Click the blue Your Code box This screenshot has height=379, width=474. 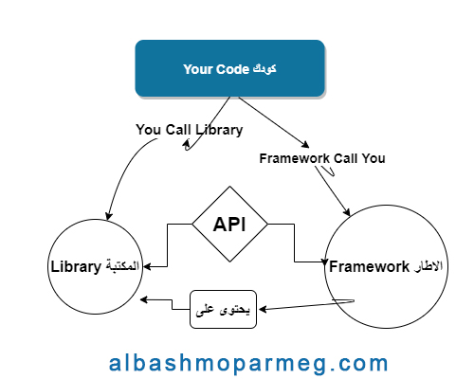(x=230, y=68)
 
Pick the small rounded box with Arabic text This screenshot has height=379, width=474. (x=223, y=309)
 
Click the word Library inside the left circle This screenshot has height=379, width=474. (x=76, y=267)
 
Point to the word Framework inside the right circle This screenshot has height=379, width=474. (x=369, y=266)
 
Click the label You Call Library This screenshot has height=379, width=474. (x=190, y=130)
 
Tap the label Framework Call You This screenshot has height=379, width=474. (x=322, y=158)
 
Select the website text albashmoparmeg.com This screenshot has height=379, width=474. (x=248, y=363)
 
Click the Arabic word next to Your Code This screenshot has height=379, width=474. (x=264, y=69)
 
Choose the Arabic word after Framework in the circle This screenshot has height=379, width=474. (x=427, y=266)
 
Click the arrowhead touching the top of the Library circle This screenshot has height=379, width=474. (x=109, y=215)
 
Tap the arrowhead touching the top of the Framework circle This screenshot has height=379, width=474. (x=347, y=212)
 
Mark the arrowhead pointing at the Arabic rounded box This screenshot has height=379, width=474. (x=263, y=309)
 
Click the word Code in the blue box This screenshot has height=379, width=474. (x=233, y=69)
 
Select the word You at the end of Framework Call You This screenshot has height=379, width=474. (x=374, y=158)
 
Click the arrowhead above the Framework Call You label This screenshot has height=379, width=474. (x=305, y=144)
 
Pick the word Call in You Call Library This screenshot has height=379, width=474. (x=178, y=130)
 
